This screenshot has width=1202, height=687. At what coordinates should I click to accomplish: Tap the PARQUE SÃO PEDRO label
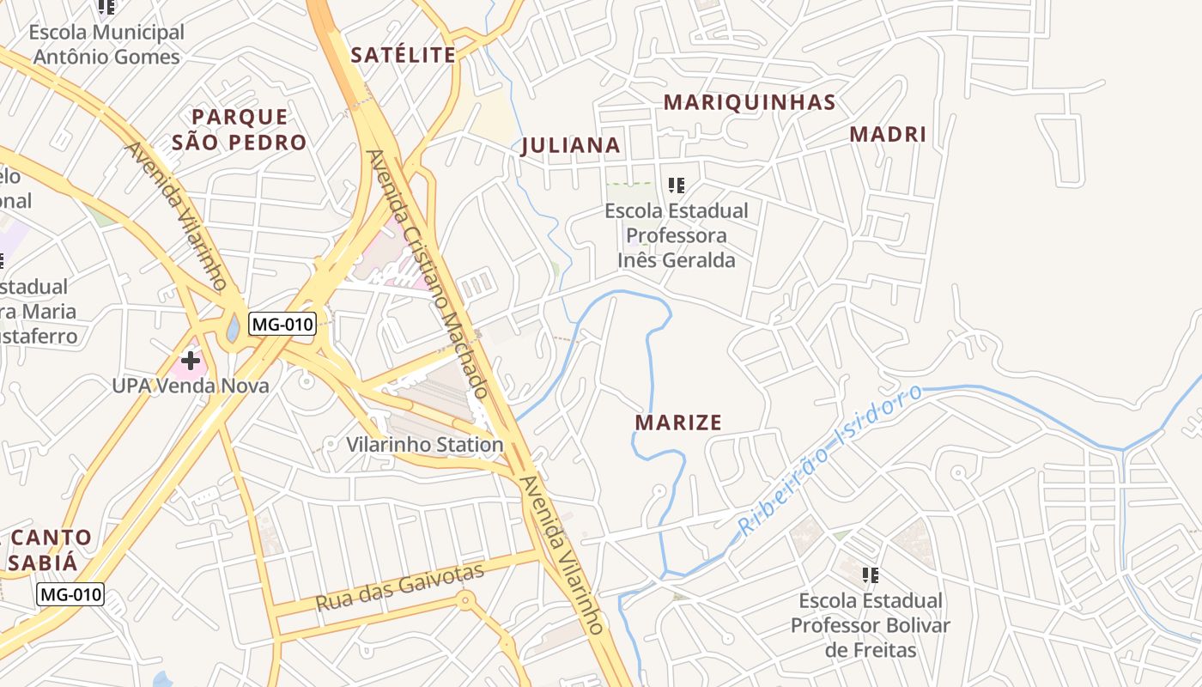tap(239, 130)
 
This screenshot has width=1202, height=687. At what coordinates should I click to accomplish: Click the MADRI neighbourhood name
tap(888, 135)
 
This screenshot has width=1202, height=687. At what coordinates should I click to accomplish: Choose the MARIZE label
tap(678, 423)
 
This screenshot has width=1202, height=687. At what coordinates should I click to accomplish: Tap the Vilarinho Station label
tap(424, 445)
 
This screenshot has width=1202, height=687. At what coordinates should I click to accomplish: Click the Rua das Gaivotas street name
tap(400, 587)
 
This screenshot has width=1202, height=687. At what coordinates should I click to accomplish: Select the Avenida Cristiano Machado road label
tap(427, 274)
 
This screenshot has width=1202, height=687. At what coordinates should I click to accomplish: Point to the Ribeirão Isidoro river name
tap(829, 460)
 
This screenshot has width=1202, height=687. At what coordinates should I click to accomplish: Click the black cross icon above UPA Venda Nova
tap(191, 361)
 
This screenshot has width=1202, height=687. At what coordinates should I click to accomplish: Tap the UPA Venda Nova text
tap(191, 386)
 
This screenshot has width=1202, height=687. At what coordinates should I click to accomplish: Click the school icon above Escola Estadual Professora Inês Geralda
tap(677, 185)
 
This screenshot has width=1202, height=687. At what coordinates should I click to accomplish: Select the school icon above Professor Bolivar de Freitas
tap(871, 575)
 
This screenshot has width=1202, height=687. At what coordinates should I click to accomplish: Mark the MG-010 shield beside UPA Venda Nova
tap(282, 325)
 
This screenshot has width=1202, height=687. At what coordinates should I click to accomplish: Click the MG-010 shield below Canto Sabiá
tap(70, 593)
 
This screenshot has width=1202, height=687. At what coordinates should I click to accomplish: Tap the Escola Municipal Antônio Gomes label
tap(106, 45)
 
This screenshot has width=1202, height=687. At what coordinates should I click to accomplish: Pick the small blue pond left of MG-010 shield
tap(233, 329)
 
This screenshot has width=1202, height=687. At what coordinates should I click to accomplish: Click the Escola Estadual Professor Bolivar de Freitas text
tap(871, 625)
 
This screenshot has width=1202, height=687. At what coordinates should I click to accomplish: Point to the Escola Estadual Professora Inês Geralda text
tap(677, 235)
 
